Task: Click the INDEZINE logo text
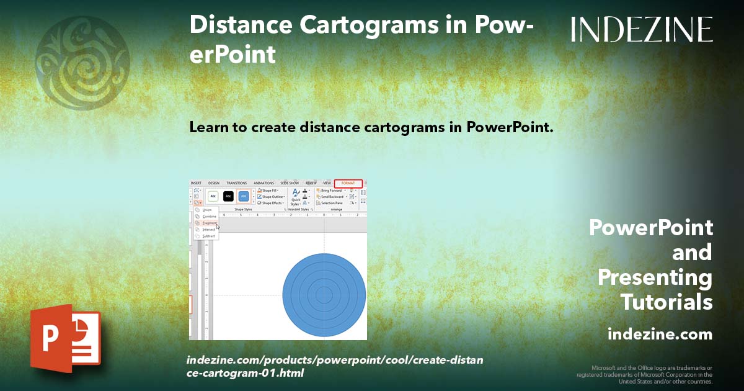[x=642, y=29]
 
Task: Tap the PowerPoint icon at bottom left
[x=65, y=338]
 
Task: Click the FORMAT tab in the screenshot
[x=348, y=183]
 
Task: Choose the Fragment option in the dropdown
[x=209, y=223]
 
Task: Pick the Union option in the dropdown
[x=207, y=210]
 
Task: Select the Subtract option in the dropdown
[x=209, y=236]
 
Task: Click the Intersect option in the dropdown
[x=209, y=230]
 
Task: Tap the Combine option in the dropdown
[x=209, y=217]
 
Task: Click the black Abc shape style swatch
[x=228, y=195]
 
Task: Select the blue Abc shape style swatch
[x=243, y=195]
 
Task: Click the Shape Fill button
[x=270, y=191]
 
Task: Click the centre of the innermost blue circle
[x=324, y=295]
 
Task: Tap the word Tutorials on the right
[x=666, y=302]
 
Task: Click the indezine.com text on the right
[x=660, y=335]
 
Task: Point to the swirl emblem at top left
[x=82, y=62]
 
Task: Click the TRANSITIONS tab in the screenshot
[x=236, y=183]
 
